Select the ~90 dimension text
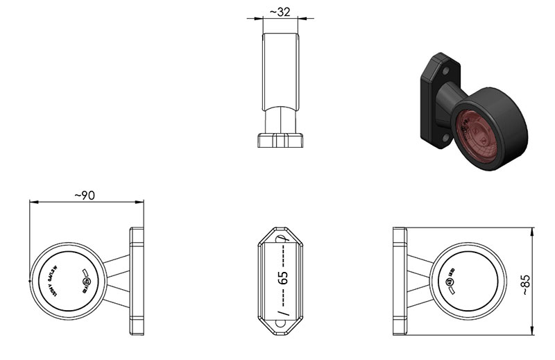84,196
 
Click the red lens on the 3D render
479,134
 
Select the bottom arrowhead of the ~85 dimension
532,331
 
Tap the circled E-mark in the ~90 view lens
87,282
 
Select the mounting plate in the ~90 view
137,281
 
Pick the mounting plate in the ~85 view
400,281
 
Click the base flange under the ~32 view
281,141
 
